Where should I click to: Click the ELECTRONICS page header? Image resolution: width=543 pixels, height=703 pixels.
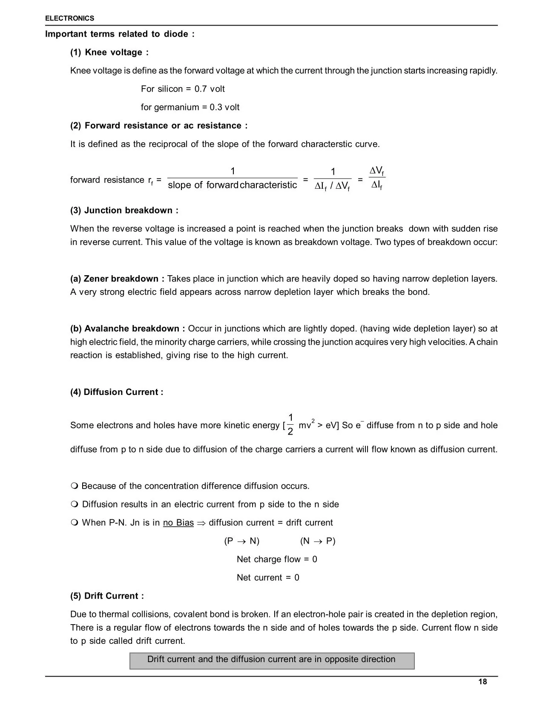[x=69, y=18]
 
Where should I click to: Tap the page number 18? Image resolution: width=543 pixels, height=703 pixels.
[x=483, y=682]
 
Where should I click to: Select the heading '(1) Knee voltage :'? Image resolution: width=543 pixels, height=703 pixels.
[x=109, y=52]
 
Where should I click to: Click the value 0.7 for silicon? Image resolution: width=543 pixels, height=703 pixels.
[x=201, y=89]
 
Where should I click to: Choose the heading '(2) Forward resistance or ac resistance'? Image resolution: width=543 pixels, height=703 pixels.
[x=158, y=126]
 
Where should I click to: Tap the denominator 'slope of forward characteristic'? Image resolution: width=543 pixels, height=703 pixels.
[x=232, y=185]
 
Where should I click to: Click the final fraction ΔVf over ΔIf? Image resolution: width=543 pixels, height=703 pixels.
[x=377, y=178]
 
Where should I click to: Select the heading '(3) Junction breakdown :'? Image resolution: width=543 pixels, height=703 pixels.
[x=124, y=210]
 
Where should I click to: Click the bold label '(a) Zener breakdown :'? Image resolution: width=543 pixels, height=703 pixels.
[x=117, y=279]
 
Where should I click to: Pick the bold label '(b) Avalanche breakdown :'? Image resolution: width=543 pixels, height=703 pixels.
[x=127, y=329]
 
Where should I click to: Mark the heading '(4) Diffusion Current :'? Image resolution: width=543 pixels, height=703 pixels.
[x=117, y=392]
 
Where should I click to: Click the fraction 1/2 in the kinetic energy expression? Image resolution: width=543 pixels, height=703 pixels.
[x=290, y=425]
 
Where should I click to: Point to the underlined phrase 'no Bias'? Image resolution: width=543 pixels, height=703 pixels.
[x=178, y=523]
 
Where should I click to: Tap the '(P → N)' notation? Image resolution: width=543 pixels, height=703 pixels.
[x=241, y=541]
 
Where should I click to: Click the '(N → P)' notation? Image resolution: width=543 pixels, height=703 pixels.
[x=318, y=541]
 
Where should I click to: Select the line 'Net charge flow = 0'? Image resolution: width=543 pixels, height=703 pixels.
[x=277, y=559]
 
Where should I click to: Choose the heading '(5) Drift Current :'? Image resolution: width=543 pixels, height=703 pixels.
[x=107, y=596]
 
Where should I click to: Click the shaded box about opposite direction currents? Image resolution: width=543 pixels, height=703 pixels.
[x=272, y=660]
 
